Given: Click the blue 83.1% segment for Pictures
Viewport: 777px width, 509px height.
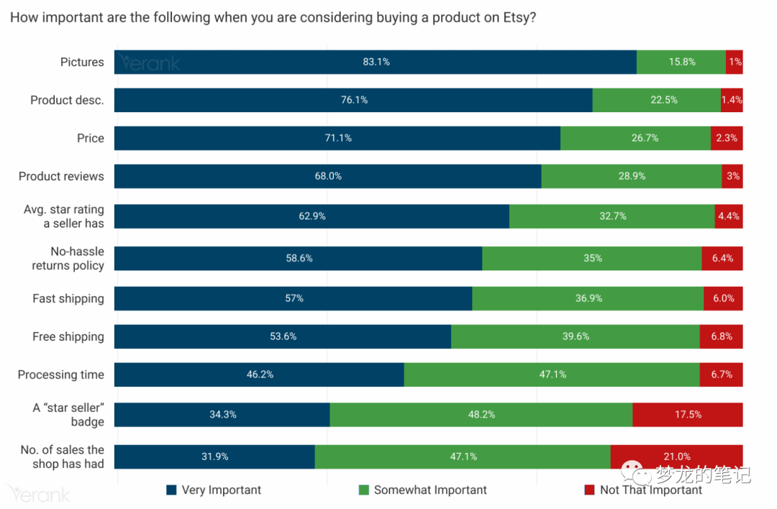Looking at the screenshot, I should coord(376,62).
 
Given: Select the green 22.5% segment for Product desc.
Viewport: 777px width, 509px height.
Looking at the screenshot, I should coord(656,100).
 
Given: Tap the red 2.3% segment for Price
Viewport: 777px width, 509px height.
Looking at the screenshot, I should coord(726,138).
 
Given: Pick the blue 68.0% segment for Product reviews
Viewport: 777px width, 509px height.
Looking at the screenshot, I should coord(327,176).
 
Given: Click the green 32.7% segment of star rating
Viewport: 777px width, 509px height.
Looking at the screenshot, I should coord(612,216).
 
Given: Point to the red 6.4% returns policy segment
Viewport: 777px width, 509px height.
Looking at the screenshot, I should coord(722,258).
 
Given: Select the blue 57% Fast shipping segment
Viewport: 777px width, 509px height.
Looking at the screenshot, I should coord(294,298).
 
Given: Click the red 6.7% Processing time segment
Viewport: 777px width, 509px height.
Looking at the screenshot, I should coord(721,375).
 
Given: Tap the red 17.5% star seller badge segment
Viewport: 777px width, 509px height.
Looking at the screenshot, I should coord(687,415).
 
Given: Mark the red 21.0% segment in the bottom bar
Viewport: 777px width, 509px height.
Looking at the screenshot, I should coord(676,457).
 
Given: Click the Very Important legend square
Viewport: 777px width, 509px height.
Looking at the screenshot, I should coord(171,490).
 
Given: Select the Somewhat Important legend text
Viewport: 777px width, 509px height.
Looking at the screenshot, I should coord(430,490).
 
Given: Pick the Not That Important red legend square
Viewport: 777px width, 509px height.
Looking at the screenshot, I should coord(589,490).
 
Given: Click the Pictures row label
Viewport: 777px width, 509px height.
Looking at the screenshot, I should coord(82,62).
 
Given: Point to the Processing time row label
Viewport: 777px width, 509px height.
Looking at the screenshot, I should coord(61,375).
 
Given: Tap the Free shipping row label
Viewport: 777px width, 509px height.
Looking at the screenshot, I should coord(68,336).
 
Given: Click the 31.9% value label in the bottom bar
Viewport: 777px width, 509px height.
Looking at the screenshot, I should coord(214,457).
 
